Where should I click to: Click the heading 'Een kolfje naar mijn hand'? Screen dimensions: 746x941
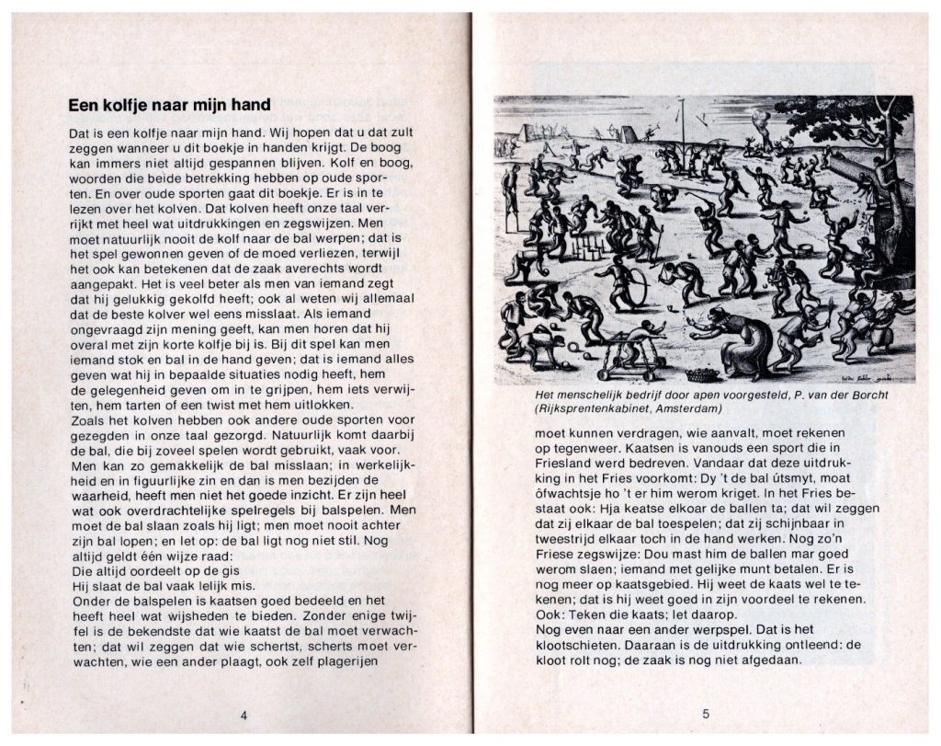170,106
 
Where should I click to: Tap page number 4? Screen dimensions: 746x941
243,715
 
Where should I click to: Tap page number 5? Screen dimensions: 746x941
706,713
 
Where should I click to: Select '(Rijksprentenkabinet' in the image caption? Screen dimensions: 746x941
588,408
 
